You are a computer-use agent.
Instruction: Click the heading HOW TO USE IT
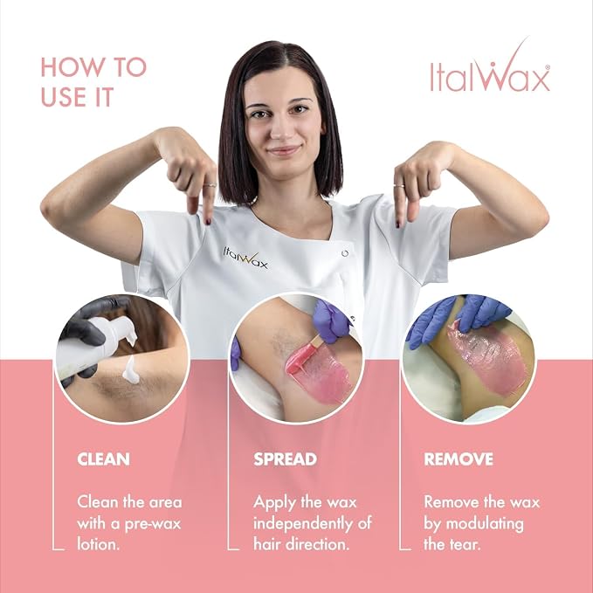click(93, 82)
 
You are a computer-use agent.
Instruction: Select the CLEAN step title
click(103, 459)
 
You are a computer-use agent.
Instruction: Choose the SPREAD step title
click(286, 459)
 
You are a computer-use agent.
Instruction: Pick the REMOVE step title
click(459, 459)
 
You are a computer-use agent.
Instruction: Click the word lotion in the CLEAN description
click(98, 544)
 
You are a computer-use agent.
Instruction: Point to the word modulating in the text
click(485, 524)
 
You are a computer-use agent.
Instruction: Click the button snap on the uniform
click(344, 253)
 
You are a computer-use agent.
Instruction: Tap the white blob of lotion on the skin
click(131, 370)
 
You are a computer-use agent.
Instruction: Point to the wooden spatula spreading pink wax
click(305, 356)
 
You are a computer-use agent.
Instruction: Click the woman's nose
click(278, 129)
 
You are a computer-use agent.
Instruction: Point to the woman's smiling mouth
click(283, 150)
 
